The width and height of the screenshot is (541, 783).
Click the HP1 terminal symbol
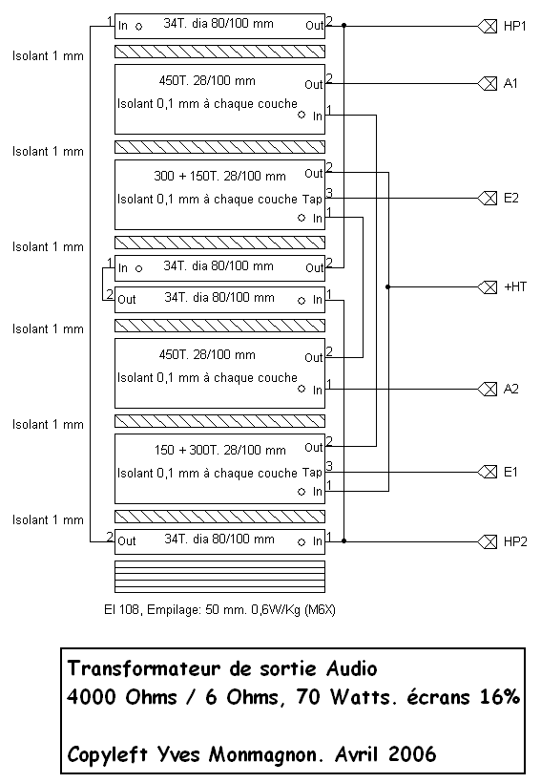tap(488, 26)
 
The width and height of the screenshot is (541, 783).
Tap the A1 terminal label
tap(510, 83)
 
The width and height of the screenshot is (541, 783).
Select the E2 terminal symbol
tap(488, 199)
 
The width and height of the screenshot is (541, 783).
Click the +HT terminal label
tap(515, 286)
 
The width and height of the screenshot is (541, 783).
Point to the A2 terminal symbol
tap(488, 389)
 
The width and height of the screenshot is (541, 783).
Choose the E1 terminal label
tap(510, 472)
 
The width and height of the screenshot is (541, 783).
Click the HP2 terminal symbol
tap(488, 541)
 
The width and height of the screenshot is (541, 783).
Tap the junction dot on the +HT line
tap(388, 287)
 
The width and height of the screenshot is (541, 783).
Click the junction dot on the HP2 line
tap(343, 540)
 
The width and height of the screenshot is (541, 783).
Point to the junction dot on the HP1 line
tap(343, 25)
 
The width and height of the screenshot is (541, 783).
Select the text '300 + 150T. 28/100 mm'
tap(219, 177)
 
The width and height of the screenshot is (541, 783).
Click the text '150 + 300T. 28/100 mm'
tap(219, 450)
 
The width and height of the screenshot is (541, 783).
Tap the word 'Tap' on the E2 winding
tap(312, 200)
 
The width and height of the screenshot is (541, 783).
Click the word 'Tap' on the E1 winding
tap(312, 473)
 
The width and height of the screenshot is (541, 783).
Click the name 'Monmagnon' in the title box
tap(264, 755)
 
